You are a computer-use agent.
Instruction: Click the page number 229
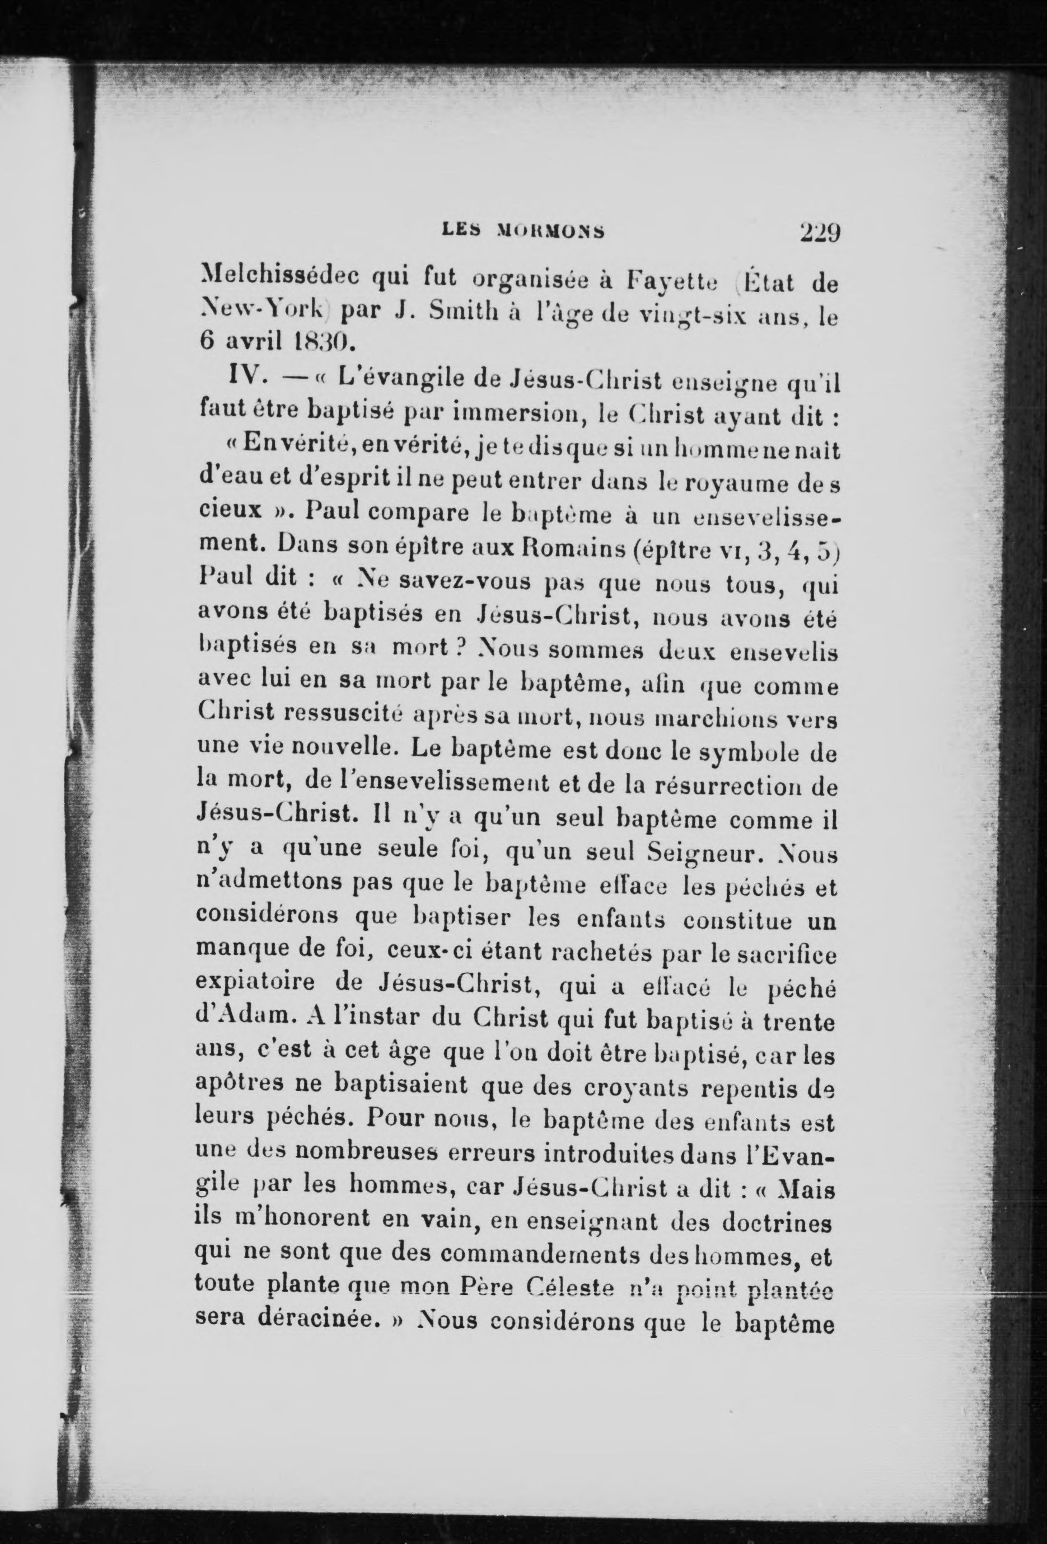pos(820,233)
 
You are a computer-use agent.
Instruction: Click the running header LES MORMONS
pos(523,231)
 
